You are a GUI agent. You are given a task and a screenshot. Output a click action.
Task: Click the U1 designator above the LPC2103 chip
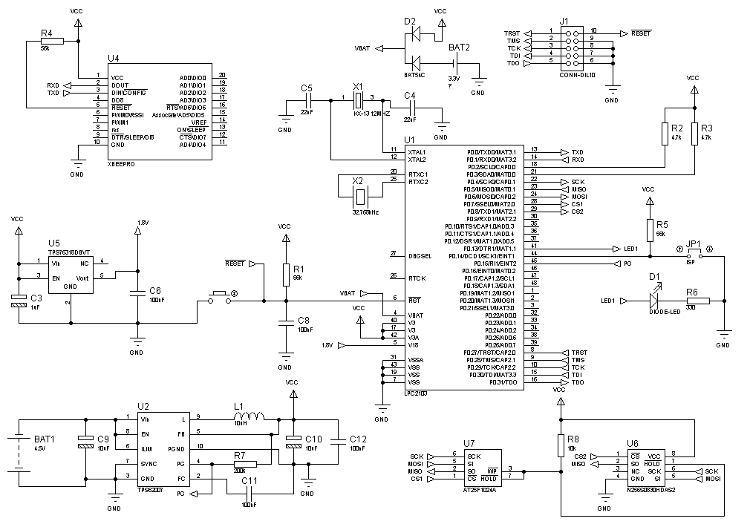[409, 140]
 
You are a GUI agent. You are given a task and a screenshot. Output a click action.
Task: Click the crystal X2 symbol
[360, 196]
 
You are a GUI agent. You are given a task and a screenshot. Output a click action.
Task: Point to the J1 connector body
[573, 48]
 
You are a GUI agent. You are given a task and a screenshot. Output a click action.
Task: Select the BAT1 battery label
[45, 439]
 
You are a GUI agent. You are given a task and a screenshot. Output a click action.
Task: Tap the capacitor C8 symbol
[285, 322]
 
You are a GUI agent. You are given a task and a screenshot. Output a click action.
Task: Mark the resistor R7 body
[245, 464]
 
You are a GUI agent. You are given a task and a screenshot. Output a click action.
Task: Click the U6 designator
[633, 443]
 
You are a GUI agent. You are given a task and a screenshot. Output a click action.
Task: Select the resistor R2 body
[665, 134]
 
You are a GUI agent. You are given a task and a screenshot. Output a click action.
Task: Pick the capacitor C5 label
[306, 88]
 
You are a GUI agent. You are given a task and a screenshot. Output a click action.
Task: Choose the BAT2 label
[460, 48]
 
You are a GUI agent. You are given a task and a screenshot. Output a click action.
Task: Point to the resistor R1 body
[285, 275]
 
